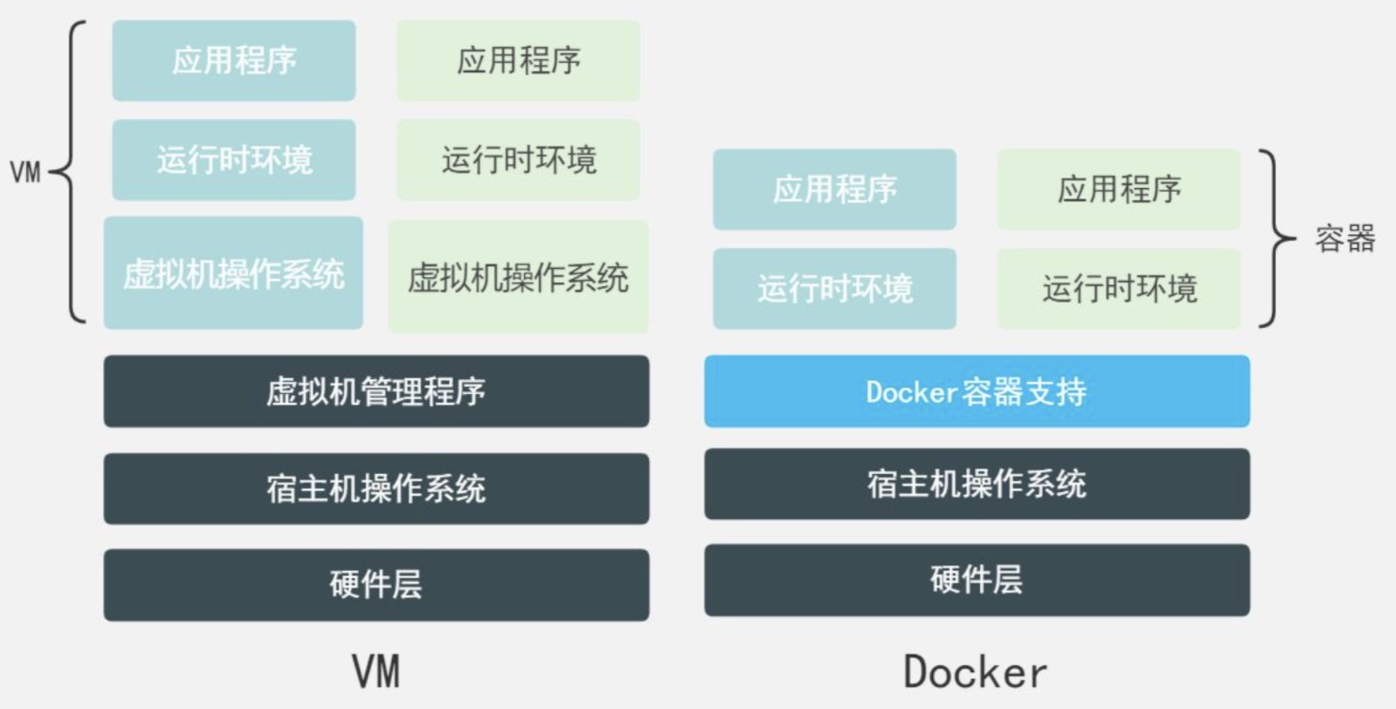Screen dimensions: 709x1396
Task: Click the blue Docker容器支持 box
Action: coord(977,391)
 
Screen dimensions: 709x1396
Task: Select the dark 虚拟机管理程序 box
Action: coord(376,391)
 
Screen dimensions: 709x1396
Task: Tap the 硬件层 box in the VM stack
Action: coord(376,585)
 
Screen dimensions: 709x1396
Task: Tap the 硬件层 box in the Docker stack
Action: coord(977,580)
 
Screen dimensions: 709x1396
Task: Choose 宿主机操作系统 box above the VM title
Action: coord(376,489)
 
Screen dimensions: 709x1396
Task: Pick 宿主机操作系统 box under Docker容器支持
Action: coord(977,484)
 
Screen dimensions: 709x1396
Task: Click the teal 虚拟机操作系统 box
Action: coord(233,274)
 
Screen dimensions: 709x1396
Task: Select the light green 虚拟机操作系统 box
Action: coord(519,277)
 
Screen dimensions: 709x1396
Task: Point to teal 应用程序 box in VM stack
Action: coord(234,61)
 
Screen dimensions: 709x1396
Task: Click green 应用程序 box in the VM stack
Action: coord(519,61)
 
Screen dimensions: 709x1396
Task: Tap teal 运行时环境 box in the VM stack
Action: coord(234,160)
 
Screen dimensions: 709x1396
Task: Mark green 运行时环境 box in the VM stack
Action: coord(519,160)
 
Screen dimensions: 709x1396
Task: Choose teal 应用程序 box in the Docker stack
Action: coord(834,190)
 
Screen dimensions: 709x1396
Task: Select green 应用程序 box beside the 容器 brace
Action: coord(1119,190)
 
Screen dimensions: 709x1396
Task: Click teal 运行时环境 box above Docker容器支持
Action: coord(834,289)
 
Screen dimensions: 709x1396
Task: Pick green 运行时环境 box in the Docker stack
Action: coord(1119,289)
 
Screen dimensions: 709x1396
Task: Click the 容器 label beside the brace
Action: coord(1344,239)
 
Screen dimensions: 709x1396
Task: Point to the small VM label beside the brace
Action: coord(25,173)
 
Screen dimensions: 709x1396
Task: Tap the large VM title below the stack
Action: coord(376,672)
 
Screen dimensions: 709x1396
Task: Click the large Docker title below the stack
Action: coord(975,672)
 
